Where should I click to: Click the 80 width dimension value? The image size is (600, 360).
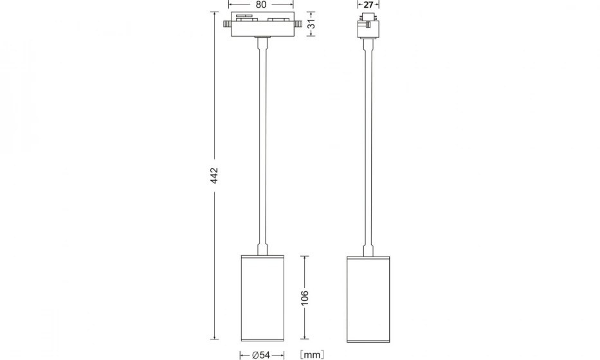261,4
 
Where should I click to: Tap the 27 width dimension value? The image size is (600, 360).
368,4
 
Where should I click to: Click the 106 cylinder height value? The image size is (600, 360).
305,298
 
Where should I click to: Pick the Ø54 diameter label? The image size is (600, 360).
261,354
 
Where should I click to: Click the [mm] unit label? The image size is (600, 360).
312,354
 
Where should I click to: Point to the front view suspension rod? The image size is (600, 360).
262,141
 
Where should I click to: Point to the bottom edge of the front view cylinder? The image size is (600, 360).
262,340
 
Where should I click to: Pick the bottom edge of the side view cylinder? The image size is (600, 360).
368,340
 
